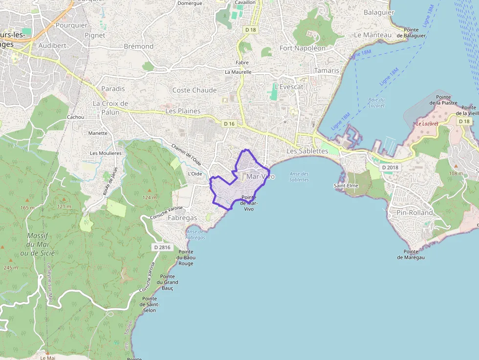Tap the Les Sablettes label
tap(307, 151)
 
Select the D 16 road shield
tap(229, 124)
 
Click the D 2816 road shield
tap(162, 247)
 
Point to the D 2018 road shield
tap(391, 168)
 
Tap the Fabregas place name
tap(182, 218)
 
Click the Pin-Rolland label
tap(415, 212)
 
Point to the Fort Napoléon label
tap(303, 48)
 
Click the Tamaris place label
tap(327, 70)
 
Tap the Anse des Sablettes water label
tap(299, 176)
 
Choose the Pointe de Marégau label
tap(411, 254)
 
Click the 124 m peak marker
tap(150, 190)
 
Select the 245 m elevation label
tap(11, 268)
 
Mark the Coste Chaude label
tap(195, 90)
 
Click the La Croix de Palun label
tap(110, 107)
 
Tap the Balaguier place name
tap(379, 12)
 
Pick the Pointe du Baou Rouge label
tap(185, 257)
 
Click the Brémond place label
tap(139, 46)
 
